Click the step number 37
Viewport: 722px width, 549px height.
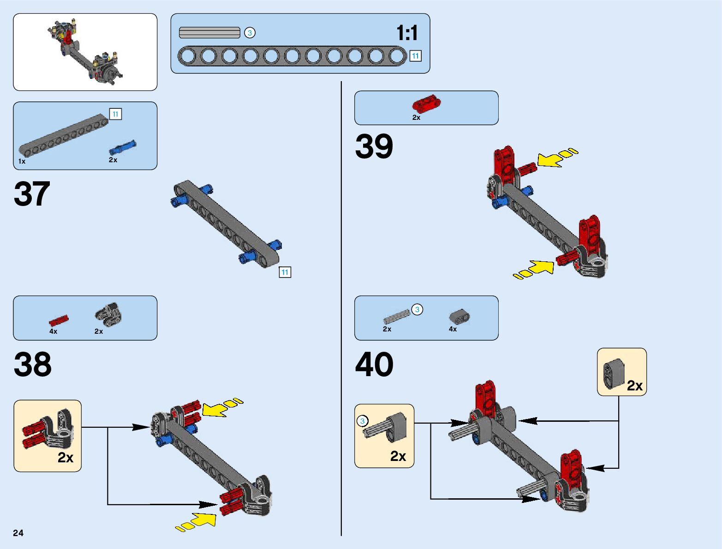32,194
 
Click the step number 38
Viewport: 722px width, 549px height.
33,365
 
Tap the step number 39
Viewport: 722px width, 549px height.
374,147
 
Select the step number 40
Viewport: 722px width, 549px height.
374,365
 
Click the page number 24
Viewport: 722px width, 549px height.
18,533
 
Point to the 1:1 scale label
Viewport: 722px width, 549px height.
407,33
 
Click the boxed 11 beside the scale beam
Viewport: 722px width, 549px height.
415,56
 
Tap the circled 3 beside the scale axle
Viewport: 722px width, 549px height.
250,33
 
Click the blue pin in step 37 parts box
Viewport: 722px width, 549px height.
123,148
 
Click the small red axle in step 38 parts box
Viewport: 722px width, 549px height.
59,320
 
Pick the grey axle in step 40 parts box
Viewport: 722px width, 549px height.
396,317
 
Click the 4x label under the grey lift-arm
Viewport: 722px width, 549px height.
453,329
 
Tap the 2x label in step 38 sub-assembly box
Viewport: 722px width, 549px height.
66,457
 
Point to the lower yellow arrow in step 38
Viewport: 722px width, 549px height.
198,521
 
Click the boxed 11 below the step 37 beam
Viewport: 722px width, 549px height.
285,272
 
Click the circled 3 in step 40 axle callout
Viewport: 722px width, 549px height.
362,421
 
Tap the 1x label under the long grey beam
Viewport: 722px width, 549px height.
22,161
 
